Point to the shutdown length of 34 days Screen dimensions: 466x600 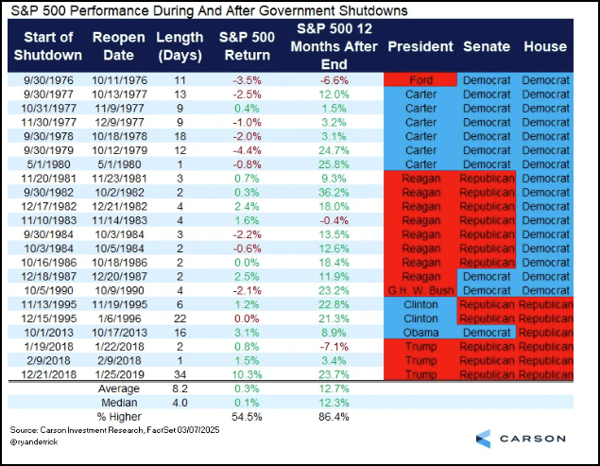coord(178,374)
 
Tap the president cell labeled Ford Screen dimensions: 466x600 coord(421,80)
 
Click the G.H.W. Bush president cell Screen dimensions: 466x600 coord(421,289)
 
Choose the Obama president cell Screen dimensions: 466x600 coord(421,332)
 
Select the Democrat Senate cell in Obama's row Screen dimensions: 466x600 coord(488,332)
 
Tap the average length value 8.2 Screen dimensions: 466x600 coord(178,388)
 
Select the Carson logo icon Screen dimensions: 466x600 coord(484,439)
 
